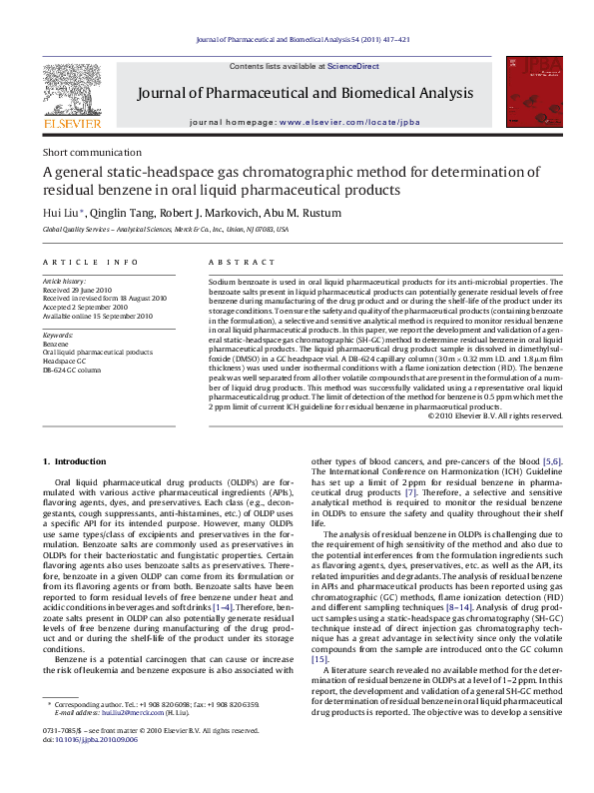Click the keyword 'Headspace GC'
[x=65, y=361]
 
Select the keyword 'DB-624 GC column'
[x=72, y=370]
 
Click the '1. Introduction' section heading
[x=78, y=461]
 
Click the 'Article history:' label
[x=64, y=284]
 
